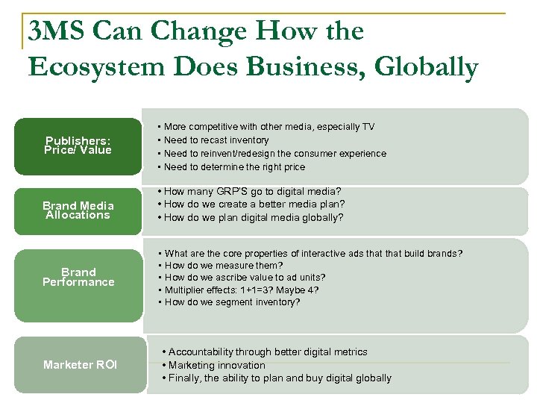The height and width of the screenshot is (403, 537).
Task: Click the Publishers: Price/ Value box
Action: click(78, 146)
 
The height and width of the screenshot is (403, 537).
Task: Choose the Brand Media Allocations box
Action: click(78, 210)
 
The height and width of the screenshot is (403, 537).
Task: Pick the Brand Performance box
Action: click(78, 277)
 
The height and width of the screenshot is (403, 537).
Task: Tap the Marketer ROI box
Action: click(80, 365)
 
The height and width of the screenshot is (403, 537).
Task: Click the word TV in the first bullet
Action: click(368, 127)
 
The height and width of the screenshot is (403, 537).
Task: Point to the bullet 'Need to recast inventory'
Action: click(216, 140)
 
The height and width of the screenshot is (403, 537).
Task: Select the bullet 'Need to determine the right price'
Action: click(234, 167)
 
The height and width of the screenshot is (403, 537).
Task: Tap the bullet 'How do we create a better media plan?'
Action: click(254, 204)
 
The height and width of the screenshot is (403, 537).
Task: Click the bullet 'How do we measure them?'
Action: click(224, 266)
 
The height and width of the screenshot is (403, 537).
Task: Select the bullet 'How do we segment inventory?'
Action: click(232, 302)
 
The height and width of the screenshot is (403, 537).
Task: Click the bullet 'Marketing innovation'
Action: click(216, 365)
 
